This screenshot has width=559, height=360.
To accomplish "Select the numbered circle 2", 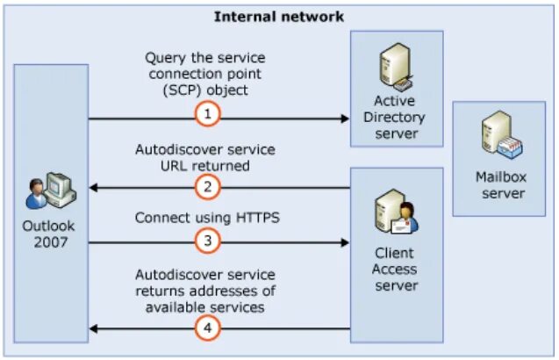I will (207, 186).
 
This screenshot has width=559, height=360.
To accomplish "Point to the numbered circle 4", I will (207, 328).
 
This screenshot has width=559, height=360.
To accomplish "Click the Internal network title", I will (279, 16).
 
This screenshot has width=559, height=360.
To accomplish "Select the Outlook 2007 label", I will (51, 233).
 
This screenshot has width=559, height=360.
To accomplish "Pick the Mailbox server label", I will (502, 185).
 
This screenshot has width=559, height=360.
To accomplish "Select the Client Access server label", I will (394, 270).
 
